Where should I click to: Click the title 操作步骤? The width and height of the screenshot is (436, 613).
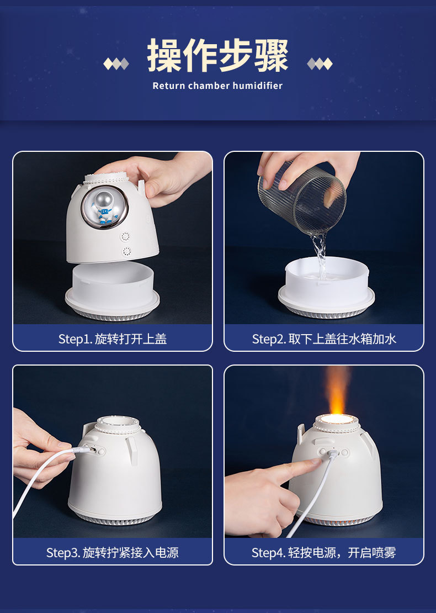(x=217, y=56)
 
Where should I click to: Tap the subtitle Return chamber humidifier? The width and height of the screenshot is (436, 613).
(x=217, y=86)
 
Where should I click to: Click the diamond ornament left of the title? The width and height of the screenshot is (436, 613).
(x=116, y=64)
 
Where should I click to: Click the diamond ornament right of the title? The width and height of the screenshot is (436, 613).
(x=320, y=64)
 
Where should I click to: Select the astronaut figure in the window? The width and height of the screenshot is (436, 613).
(x=104, y=207)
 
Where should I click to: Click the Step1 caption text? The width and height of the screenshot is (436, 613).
(x=113, y=339)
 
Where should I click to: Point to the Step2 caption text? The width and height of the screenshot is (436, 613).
(x=324, y=339)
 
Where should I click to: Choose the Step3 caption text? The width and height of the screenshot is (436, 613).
(x=113, y=552)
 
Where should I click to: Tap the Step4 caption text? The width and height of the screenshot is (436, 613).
(x=324, y=552)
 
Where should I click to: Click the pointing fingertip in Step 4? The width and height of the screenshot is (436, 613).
(x=316, y=462)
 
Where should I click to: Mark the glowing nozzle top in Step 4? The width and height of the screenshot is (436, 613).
(x=337, y=420)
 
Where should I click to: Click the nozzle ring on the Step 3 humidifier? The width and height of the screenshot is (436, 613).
(x=118, y=425)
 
